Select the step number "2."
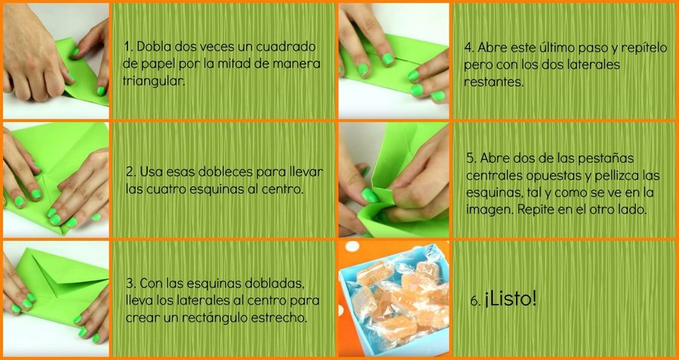click(x=131, y=172)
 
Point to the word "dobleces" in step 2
click(x=225, y=172)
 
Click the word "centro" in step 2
click(x=282, y=189)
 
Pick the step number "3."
click(x=131, y=284)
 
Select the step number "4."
click(x=470, y=48)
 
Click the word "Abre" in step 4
click(x=491, y=48)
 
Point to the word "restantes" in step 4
click(x=493, y=82)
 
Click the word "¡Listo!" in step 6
click(x=511, y=300)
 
